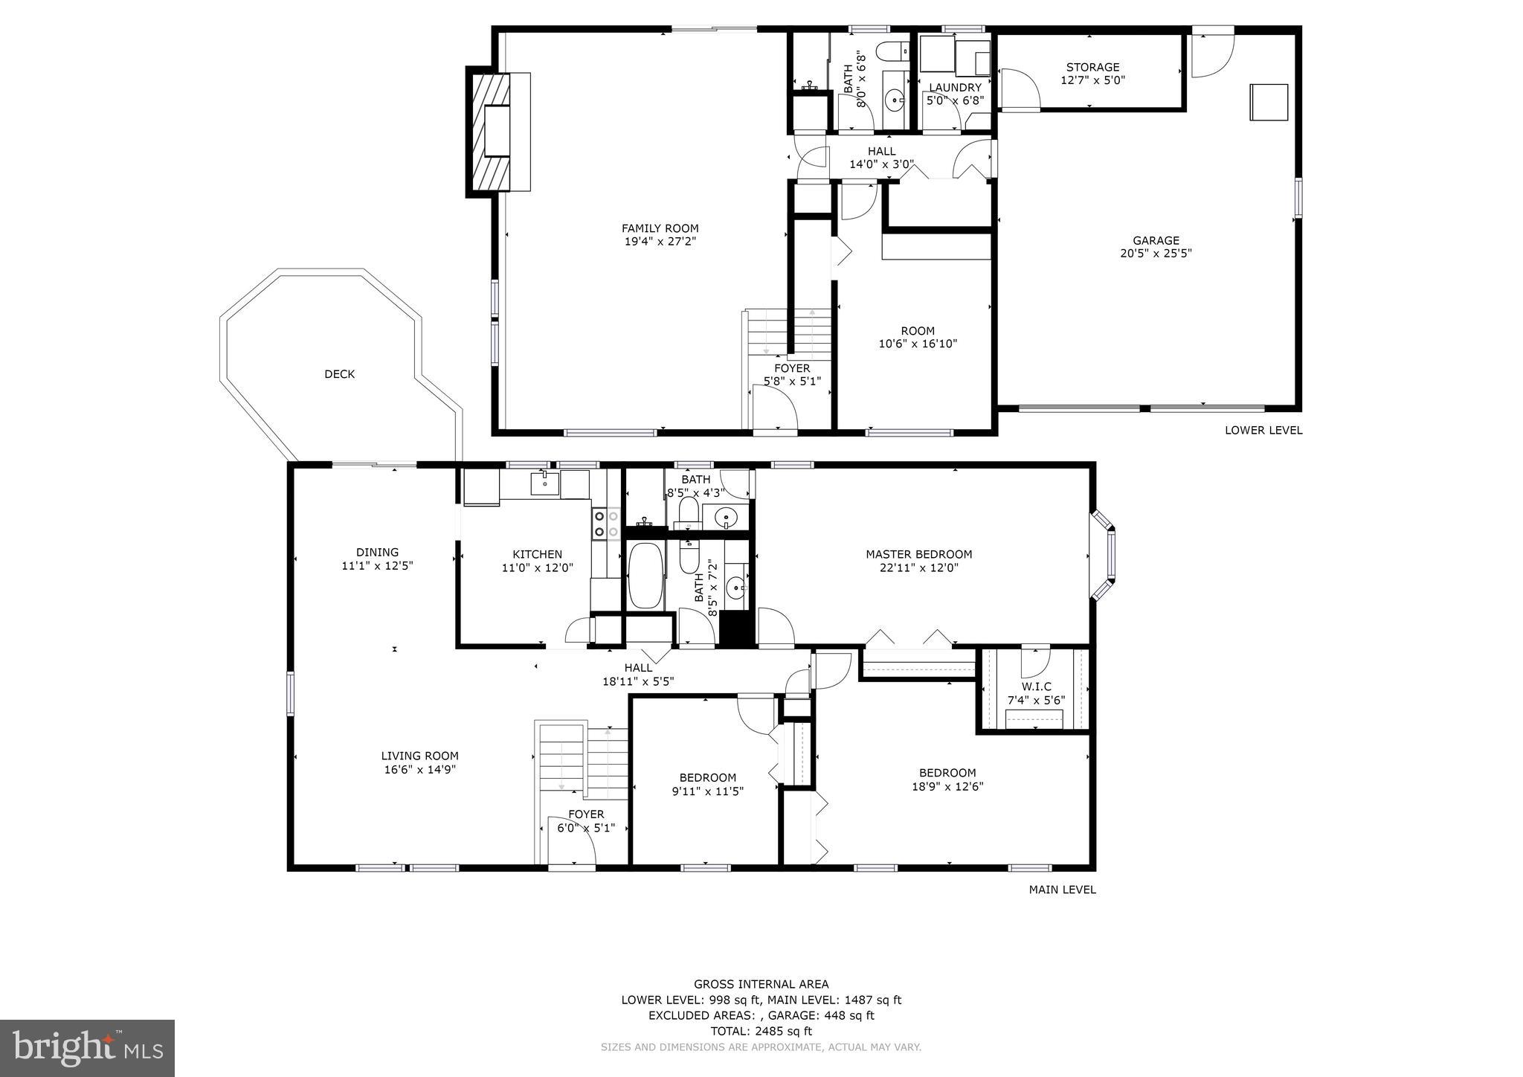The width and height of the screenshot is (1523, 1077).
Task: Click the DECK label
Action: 339,374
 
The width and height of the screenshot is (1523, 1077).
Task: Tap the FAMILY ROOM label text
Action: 660,228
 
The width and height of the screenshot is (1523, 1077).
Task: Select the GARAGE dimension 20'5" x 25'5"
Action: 1156,254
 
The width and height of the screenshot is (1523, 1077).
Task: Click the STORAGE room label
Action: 1092,67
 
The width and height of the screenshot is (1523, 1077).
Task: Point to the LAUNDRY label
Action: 955,88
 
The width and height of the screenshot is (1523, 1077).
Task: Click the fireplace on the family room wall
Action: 497,131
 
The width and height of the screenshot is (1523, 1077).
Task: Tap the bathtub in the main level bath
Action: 645,576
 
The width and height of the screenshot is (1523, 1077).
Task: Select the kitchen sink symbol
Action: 545,483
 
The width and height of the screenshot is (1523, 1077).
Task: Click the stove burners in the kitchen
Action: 606,523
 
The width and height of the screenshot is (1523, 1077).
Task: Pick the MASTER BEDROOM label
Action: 918,554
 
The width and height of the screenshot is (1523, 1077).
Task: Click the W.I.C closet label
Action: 1036,687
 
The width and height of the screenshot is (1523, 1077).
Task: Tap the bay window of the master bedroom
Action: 1104,555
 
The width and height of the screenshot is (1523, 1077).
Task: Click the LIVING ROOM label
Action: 419,756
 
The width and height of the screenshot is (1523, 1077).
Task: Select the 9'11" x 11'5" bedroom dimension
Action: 707,791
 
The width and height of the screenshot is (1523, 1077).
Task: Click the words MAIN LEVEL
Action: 1062,890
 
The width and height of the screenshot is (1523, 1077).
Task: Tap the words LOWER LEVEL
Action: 1263,430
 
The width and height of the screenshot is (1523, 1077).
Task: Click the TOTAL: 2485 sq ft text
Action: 761,1031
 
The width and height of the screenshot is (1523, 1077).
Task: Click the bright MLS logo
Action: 87,1048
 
